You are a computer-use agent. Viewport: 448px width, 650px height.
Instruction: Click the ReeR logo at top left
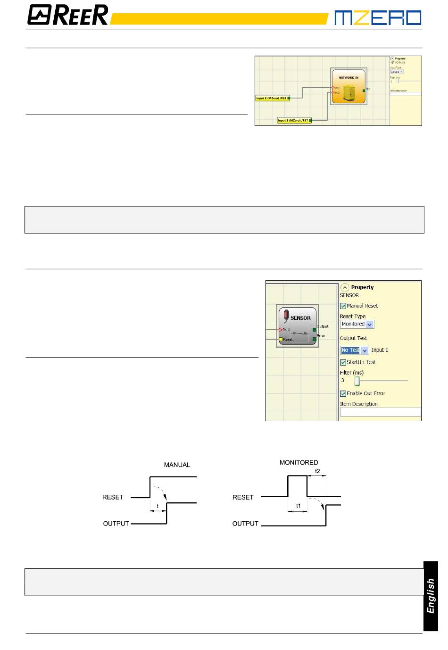pos(68,15)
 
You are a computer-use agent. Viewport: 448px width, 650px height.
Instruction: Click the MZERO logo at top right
pos(378,18)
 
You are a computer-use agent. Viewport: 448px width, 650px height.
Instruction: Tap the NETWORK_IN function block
pos(348,87)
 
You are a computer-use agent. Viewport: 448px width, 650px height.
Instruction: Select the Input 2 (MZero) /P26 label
pos(272,98)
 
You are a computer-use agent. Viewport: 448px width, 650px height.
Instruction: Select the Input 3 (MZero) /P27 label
pos(293,120)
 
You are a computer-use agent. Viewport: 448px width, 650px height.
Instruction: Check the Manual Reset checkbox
pos(343,306)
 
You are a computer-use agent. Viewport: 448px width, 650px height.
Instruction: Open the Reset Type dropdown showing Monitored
pos(357,325)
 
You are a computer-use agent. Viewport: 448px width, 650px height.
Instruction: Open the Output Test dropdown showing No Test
pos(354,350)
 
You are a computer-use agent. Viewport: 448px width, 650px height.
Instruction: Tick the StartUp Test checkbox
pos(343,363)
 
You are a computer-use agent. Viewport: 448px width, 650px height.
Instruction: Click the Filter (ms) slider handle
pos(357,381)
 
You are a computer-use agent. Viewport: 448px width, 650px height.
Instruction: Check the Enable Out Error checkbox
pos(343,394)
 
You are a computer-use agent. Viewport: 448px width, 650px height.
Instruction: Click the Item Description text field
pos(380,412)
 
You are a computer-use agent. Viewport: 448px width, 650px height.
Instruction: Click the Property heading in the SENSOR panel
pos(362,287)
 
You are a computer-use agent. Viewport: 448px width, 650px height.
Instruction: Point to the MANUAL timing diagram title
pos(177,465)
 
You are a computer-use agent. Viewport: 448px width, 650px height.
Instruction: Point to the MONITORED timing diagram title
pos(299,463)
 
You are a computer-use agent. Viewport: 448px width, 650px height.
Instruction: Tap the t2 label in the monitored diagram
pos(317,471)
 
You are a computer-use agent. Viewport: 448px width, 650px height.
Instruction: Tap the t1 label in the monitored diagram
pos(298,506)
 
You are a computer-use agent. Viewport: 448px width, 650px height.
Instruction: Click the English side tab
pos(431,596)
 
